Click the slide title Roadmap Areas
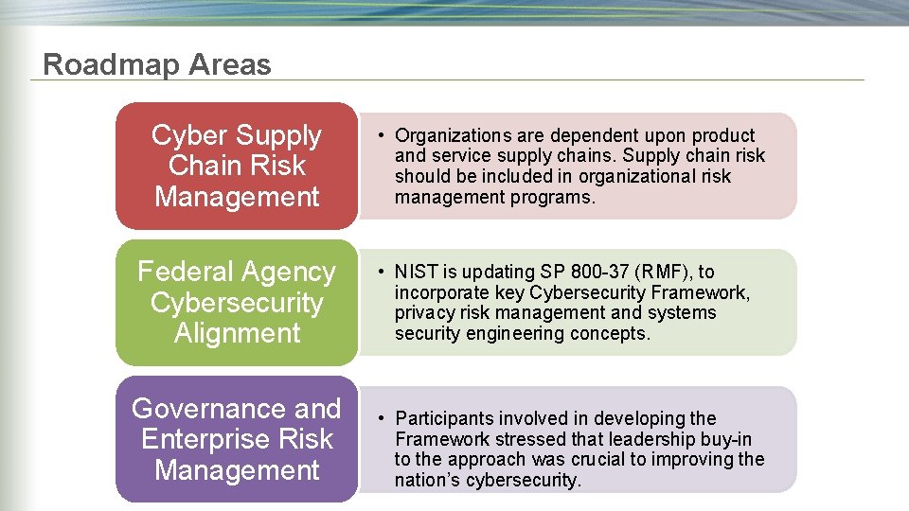click(157, 64)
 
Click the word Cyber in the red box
click(190, 135)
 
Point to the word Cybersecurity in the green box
click(237, 303)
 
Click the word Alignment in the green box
click(237, 333)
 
